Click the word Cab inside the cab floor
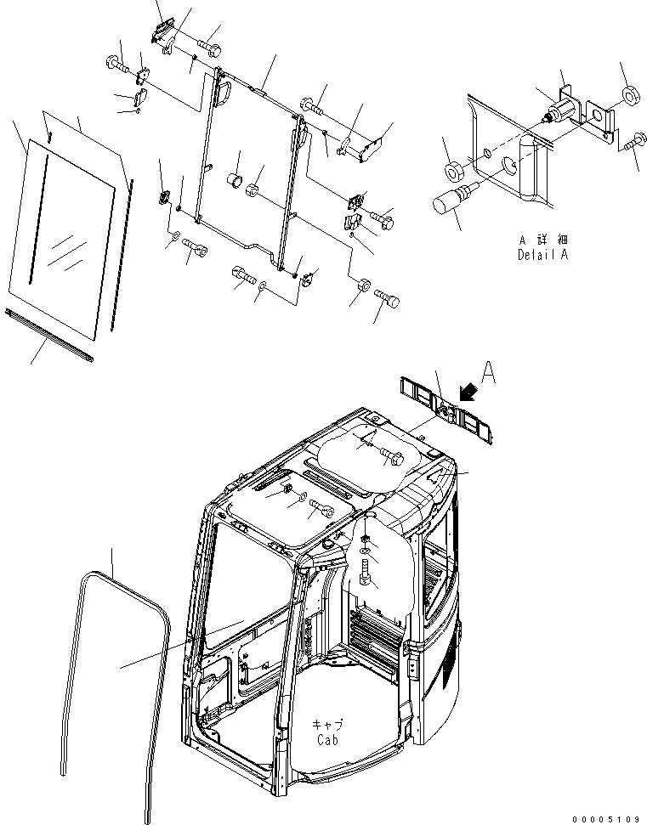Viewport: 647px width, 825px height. point(328,740)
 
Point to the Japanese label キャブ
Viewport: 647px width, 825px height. point(327,726)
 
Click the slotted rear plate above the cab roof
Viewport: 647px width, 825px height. point(447,409)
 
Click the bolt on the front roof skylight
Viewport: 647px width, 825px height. point(322,508)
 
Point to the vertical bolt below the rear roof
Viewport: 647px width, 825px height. point(366,568)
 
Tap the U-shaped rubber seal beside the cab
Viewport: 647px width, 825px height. point(115,663)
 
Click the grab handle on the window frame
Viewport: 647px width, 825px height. point(225,93)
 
